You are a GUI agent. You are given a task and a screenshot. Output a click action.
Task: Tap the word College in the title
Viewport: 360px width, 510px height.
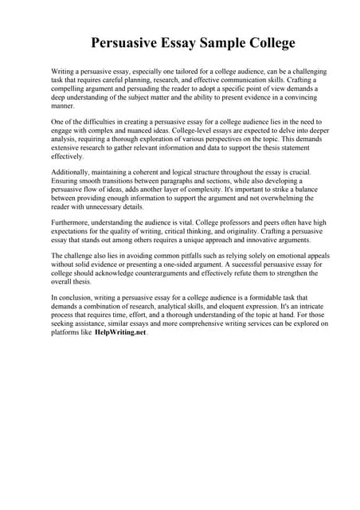tap(266, 43)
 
